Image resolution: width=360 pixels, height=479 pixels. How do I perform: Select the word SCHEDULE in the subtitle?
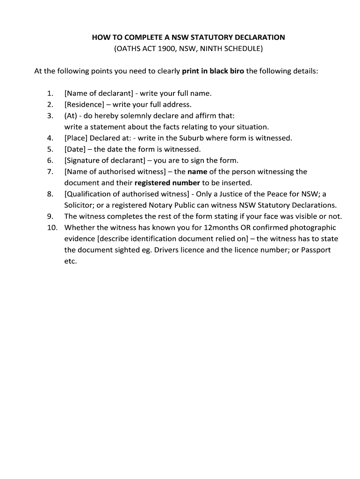(245, 48)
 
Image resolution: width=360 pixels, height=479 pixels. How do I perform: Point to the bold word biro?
(236, 71)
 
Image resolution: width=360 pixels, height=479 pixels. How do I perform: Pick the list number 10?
(52, 228)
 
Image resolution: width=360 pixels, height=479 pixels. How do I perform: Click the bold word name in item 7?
(197, 172)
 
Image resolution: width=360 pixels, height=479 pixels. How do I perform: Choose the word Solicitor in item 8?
(79, 205)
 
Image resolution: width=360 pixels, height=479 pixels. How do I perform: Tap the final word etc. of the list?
(70, 261)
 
